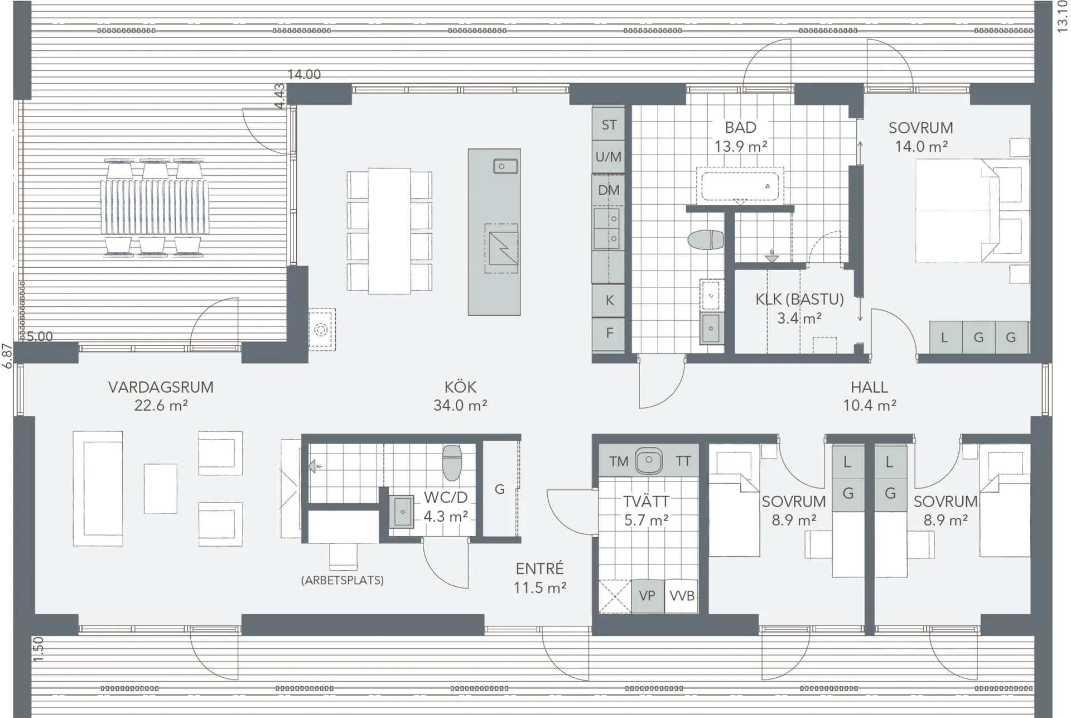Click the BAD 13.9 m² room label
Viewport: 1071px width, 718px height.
click(741, 137)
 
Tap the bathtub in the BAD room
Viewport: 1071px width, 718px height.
click(740, 186)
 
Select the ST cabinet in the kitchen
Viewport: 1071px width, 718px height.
click(609, 124)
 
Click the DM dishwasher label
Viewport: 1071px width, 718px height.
click(609, 190)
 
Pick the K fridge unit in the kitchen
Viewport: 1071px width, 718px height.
click(609, 300)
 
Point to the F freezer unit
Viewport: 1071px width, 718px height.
click(609, 334)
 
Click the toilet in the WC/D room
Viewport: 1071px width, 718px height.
click(452, 462)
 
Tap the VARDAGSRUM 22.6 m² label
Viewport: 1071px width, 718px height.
click(161, 396)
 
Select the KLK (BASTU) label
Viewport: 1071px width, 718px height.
click(799, 300)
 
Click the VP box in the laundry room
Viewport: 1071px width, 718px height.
click(647, 596)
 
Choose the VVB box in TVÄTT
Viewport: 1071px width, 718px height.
click(682, 596)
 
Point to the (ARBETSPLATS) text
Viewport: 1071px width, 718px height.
click(342, 580)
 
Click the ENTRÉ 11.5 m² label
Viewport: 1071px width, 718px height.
click(540, 578)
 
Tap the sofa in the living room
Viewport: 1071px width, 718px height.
click(98, 488)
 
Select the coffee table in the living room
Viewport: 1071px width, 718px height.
click(161, 489)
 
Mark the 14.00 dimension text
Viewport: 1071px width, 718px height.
click(304, 74)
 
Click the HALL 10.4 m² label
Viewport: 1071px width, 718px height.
click(869, 396)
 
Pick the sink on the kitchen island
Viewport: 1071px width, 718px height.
click(505, 166)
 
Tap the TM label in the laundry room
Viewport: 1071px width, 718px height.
click(619, 461)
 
